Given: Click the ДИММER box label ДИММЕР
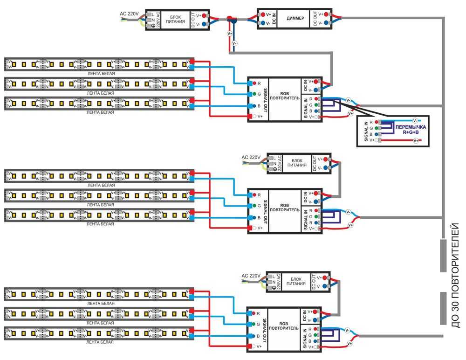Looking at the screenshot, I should [x=296, y=18].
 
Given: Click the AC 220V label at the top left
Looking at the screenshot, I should [x=129, y=14].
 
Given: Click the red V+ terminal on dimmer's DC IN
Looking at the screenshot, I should [x=263, y=14].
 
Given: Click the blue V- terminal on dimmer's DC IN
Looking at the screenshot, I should [x=263, y=22].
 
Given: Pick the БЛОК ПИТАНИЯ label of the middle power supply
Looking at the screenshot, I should [x=297, y=162].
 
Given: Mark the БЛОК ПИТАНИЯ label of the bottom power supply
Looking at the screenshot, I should [x=296, y=281].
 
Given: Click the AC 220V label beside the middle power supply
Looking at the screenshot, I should [x=251, y=157].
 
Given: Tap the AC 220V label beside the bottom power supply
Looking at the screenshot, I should [x=251, y=276].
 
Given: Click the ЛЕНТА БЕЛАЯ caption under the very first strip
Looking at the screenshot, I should [x=100, y=74].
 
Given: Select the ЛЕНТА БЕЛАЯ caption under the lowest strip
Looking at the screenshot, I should [x=100, y=342].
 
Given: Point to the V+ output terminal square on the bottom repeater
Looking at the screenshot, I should [x=250, y=346].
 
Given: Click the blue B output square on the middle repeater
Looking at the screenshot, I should [x=250, y=218].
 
